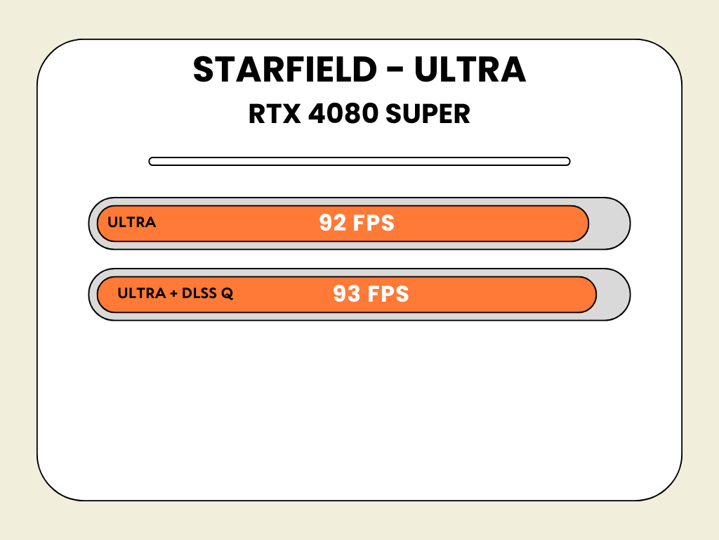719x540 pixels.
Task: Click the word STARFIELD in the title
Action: [285, 70]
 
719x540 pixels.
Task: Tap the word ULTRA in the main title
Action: [470, 70]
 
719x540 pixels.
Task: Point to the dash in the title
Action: [395, 69]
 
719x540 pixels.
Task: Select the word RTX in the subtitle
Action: [275, 114]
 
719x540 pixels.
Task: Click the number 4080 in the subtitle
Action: [343, 114]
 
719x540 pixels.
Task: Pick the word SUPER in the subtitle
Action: [428, 114]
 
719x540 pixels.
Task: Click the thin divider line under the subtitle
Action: [359, 161]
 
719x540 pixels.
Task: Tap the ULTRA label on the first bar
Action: [131, 222]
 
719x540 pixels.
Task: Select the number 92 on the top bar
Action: [332, 223]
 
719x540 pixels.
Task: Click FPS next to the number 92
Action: [374, 223]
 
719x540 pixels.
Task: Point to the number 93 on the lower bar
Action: [347, 294]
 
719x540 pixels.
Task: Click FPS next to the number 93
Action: [388, 294]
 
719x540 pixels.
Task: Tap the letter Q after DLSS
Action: [227, 294]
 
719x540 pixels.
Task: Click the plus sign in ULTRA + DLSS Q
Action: [174, 293]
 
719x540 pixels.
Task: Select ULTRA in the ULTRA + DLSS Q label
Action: [142, 293]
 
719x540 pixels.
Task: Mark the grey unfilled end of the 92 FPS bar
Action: [608, 224]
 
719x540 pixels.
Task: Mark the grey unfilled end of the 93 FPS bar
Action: [612, 295]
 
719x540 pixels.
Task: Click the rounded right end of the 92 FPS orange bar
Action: [581, 224]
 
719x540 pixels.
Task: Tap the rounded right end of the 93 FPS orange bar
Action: [589, 295]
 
